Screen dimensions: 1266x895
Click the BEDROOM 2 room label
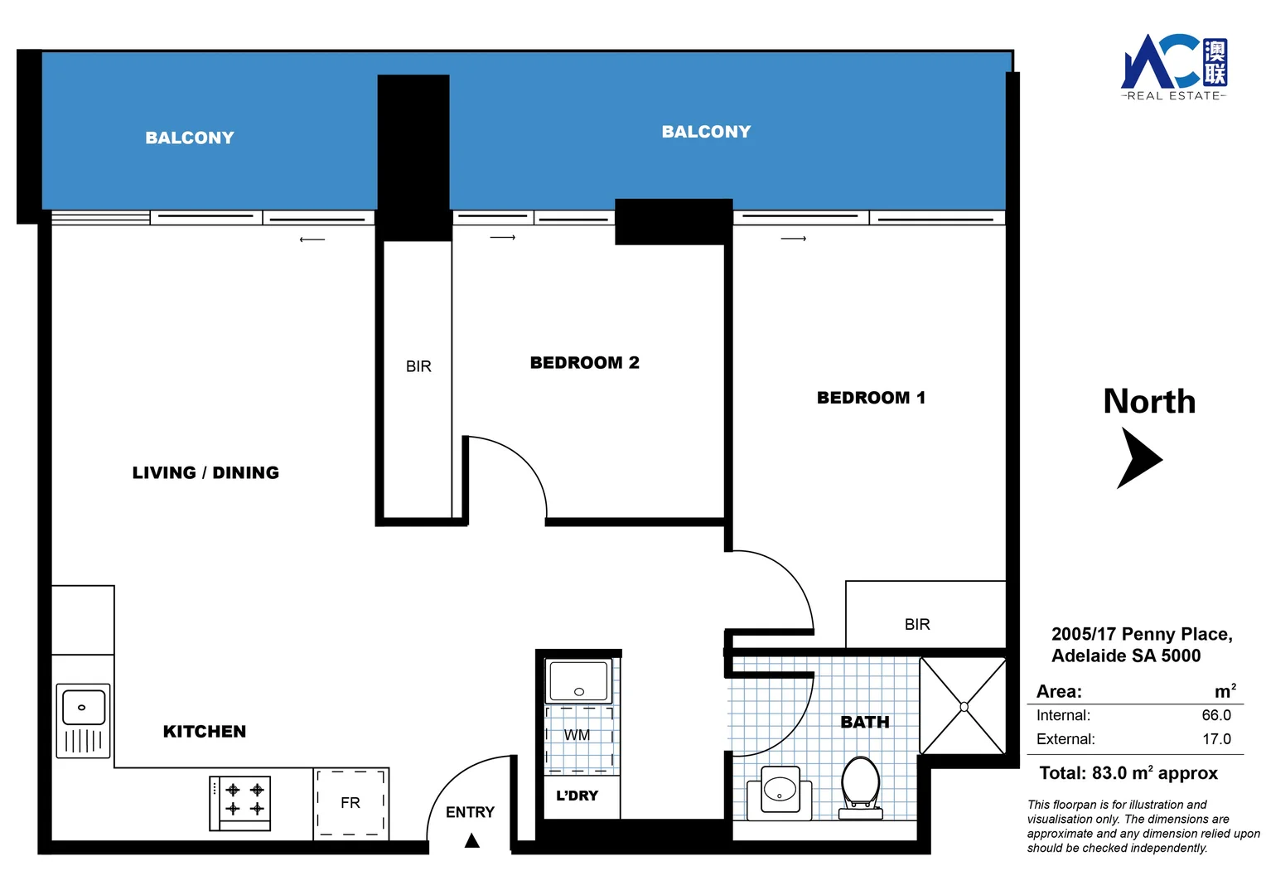584,362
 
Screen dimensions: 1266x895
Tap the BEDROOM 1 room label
871,398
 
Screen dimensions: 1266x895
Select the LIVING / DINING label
205,472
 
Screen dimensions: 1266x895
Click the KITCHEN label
205,731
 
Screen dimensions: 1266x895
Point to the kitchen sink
83,720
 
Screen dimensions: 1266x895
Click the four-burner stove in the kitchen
240,803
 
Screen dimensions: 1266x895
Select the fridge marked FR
351,803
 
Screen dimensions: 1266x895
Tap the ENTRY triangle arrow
472,841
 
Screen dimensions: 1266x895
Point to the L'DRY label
577,796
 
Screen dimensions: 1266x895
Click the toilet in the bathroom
861,788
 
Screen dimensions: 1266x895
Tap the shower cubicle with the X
964,706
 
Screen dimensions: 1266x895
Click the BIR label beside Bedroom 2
418,366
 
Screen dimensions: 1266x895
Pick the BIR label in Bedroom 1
916,624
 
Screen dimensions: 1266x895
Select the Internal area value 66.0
1215,715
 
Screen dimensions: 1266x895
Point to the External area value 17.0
1216,739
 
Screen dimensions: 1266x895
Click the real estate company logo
1174,67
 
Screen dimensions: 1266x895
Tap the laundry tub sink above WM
579,680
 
